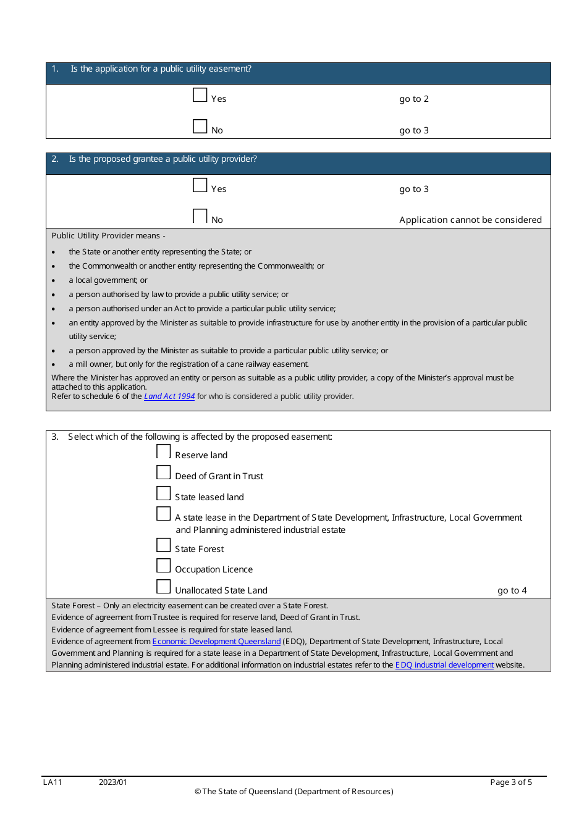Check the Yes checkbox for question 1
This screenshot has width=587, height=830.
click(x=200, y=95)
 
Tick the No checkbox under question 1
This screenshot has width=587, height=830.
click(x=200, y=127)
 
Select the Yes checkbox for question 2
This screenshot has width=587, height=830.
click(x=200, y=185)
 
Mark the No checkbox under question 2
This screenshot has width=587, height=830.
click(x=200, y=216)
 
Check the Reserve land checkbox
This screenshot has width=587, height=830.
click(x=163, y=451)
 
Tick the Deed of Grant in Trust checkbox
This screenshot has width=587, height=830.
click(x=163, y=472)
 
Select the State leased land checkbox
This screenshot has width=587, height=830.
click(x=163, y=493)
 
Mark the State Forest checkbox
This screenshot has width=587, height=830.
click(x=163, y=545)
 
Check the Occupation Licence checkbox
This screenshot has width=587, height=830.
click(x=163, y=566)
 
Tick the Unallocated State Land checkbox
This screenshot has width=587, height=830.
click(x=163, y=587)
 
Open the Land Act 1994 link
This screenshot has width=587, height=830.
click(x=169, y=396)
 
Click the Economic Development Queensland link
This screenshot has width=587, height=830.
click(x=216, y=642)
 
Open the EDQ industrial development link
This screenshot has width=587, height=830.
click(x=444, y=665)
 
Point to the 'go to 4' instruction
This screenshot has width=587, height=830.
click(x=512, y=590)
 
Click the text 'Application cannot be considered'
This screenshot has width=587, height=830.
click(x=470, y=220)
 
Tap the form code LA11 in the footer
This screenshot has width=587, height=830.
click(x=53, y=782)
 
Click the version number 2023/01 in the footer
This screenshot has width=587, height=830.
click(x=113, y=782)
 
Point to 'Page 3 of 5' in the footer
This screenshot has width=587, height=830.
click(x=510, y=782)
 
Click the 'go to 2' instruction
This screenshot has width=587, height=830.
click(x=413, y=99)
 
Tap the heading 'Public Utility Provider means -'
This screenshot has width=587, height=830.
click(x=108, y=236)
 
